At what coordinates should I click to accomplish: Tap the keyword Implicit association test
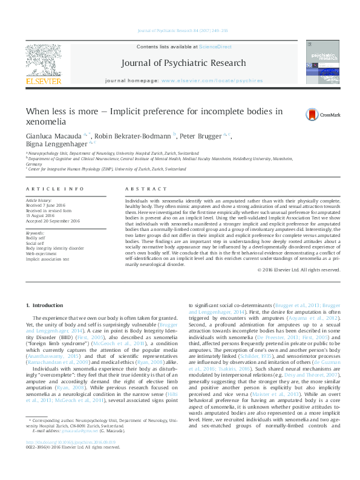[48, 259]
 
